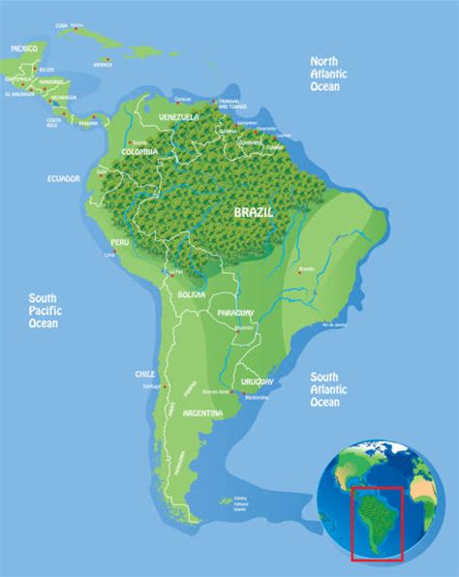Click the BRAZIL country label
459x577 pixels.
coord(254,210)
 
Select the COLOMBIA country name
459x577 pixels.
coord(141,153)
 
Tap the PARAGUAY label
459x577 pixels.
coord(236,313)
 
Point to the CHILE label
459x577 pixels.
coord(145,374)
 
